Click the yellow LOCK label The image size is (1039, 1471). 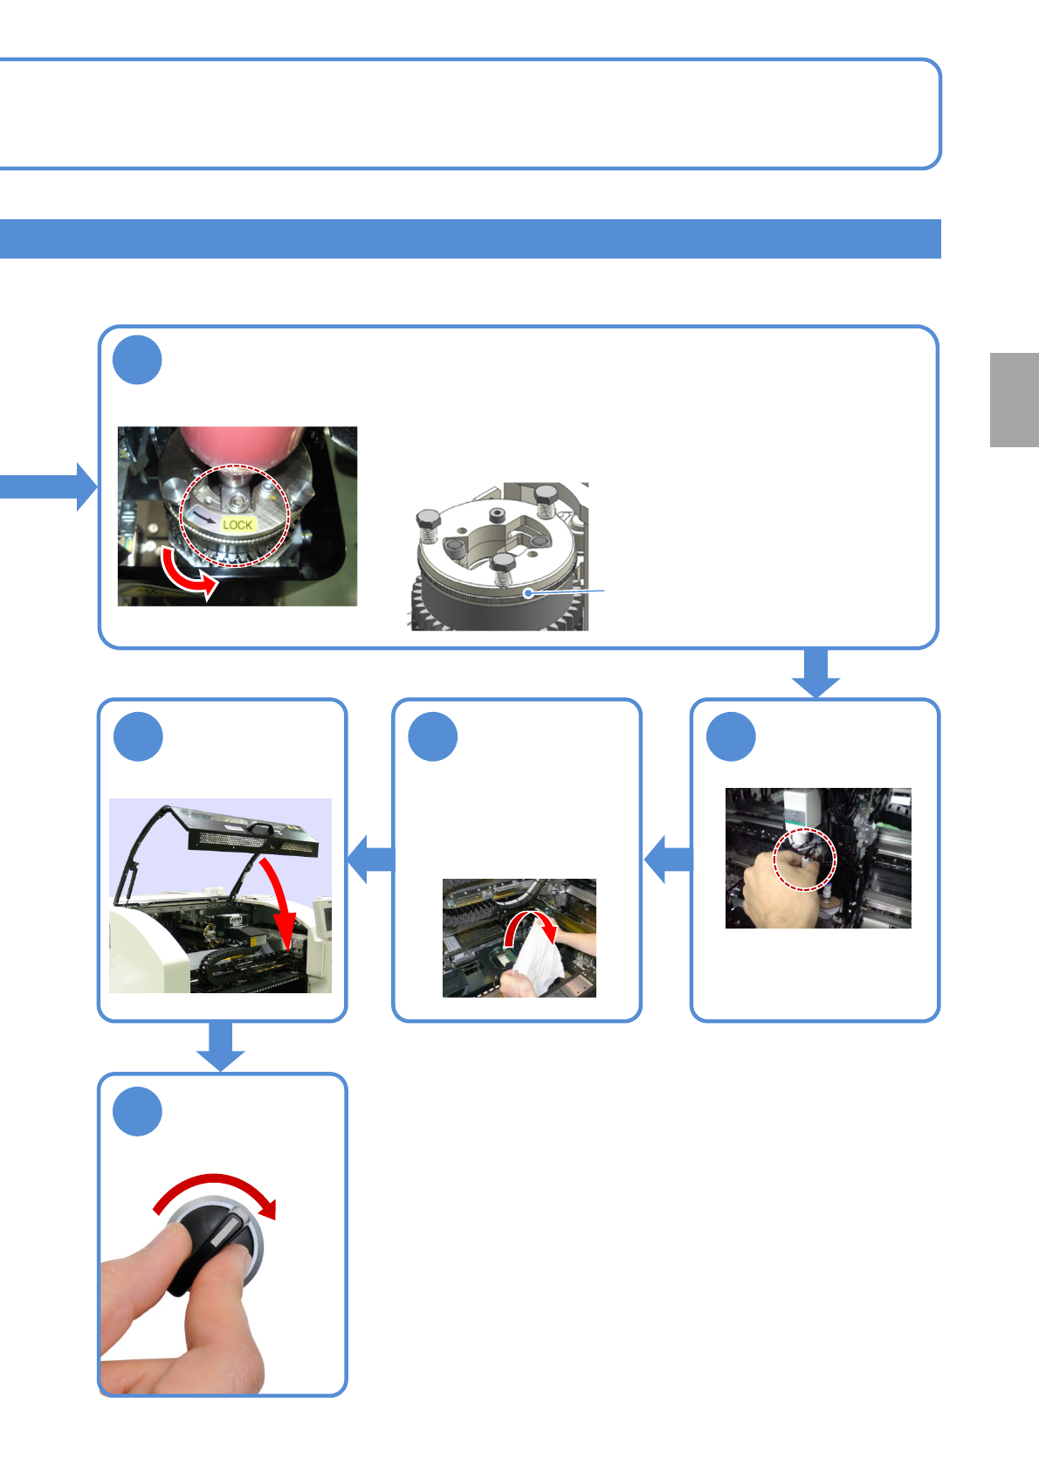[x=237, y=525]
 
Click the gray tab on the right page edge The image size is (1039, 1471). [x=1014, y=400]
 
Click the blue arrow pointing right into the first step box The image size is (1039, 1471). [x=48, y=487]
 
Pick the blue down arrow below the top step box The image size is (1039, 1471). [x=816, y=673]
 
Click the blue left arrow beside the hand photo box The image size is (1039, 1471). [x=668, y=860]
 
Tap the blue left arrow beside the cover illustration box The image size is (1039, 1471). [x=371, y=859]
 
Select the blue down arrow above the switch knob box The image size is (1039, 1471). [x=220, y=1046]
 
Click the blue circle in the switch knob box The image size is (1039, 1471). [x=138, y=1111]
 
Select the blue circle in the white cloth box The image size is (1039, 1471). [x=433, y=737]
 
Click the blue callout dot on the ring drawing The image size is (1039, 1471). [x=527, y=592]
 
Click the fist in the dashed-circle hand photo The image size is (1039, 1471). [x=781, y=887]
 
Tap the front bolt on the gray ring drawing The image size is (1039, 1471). [x=503, y=569]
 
